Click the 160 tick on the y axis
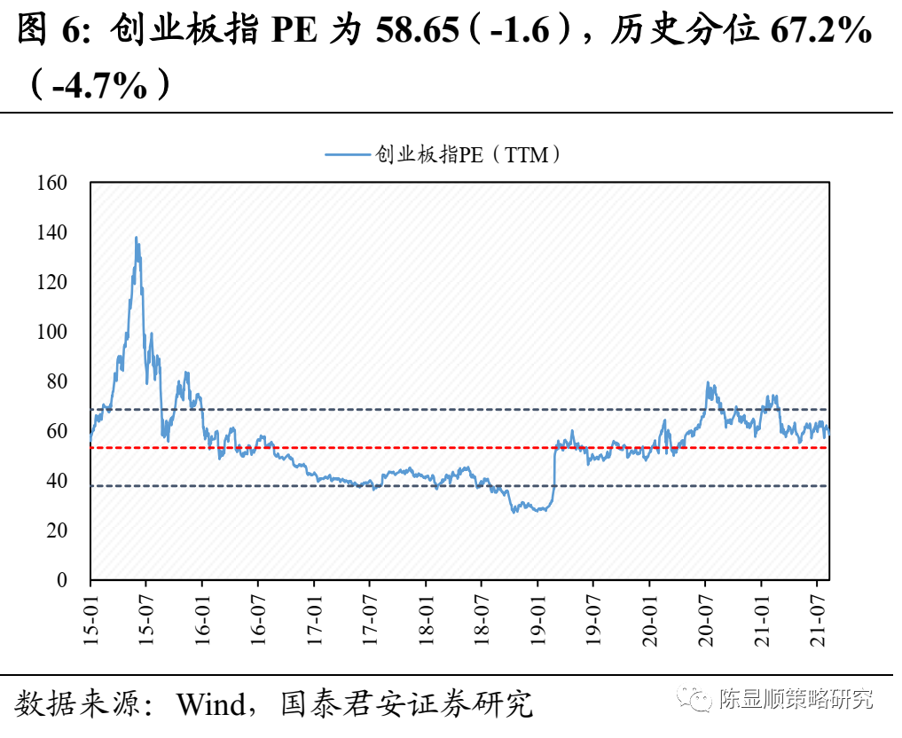[52, 183]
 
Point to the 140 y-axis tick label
[52, 232]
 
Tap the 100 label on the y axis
[52, 332]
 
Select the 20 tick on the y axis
[58, 530]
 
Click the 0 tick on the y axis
[62, 580]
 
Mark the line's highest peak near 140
[136, 238]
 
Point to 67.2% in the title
[820, 33]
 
